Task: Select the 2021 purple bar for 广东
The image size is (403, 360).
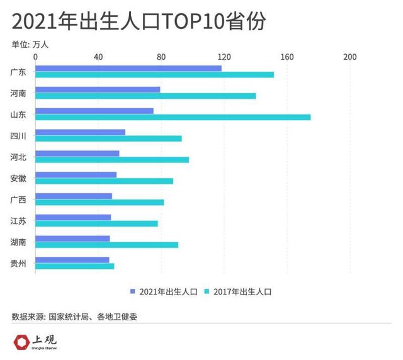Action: tap(128, 68)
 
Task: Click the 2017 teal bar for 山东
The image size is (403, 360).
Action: tap(173, 117)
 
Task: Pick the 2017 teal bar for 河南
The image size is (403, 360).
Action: tap(145, 96)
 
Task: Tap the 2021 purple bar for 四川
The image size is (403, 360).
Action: tap(80, 132)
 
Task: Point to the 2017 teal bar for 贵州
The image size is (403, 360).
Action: tap(74, 266)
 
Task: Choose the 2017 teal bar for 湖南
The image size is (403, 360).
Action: tap(106, 245)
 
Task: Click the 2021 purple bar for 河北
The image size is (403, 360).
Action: tap(77, 154)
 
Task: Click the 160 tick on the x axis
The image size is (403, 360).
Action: tap(287, 57)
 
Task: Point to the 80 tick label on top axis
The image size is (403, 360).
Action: tap(161, 57)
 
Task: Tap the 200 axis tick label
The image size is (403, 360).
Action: tap(349, 57)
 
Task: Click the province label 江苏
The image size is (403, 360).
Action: tap(18, 221)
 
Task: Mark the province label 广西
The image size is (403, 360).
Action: tap(18, 200)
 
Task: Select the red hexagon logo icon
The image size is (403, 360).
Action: tap(22, 342)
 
